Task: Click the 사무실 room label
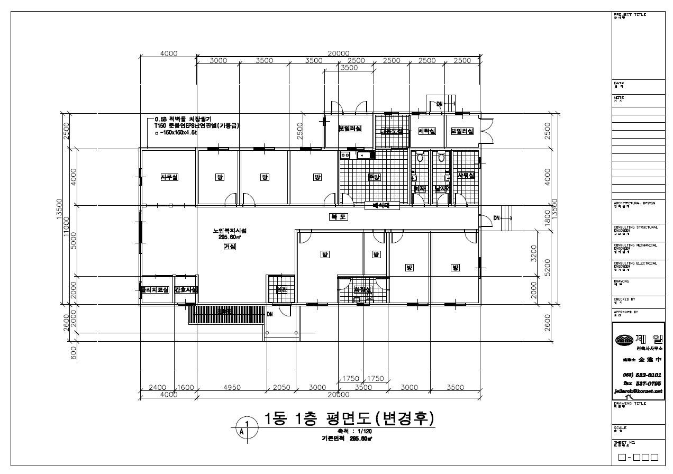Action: click(x=169, y=177)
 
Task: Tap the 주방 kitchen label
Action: click(x=374, y=177)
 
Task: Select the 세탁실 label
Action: click(x=426, y=131)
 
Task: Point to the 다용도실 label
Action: click(x=392, y=131)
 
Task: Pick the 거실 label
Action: click(x=229, y=247)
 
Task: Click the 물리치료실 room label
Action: click(x=154, y=290)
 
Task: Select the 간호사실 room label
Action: click(x=186, y=290)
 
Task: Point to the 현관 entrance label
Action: click(x=281, y=290)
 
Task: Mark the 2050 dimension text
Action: click(x=281, y=387)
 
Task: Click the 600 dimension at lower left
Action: click(x=74, y=351)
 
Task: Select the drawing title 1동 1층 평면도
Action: click(x=349, y=418)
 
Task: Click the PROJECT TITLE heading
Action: click(x=630, y=15)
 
